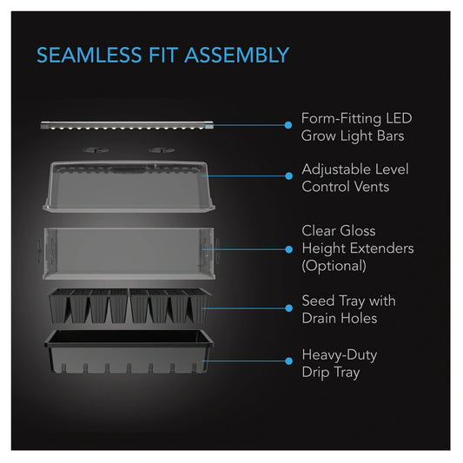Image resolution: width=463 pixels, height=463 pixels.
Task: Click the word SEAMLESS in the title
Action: [89, 56]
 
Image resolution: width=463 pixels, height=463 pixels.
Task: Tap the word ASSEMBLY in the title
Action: [237, 56]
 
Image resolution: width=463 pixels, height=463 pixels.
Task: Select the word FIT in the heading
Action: [163, 56]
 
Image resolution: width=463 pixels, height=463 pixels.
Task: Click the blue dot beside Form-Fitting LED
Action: [288, 125]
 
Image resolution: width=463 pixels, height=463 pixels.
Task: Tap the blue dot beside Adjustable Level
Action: [289, 176]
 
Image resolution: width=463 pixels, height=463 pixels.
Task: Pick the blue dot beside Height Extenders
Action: [289, 249]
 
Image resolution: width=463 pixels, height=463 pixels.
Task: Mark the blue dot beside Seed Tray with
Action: [289, 308]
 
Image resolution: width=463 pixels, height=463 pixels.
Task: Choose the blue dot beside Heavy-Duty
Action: [289, 360]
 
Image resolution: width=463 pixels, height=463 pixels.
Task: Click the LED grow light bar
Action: [127, 125]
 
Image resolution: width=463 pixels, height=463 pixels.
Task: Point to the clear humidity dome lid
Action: [129, 187]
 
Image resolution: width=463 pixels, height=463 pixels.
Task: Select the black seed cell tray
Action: [129, 306]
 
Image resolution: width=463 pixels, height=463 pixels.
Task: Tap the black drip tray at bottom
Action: [129, 352]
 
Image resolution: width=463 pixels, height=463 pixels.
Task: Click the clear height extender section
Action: [129, 254]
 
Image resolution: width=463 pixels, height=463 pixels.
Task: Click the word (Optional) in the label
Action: [334, 266]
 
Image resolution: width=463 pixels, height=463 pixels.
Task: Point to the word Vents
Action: [372, 187]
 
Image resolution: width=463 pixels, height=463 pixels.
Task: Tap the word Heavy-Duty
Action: [340, 355]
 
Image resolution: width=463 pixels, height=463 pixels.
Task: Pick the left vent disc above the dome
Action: [96, 150]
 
